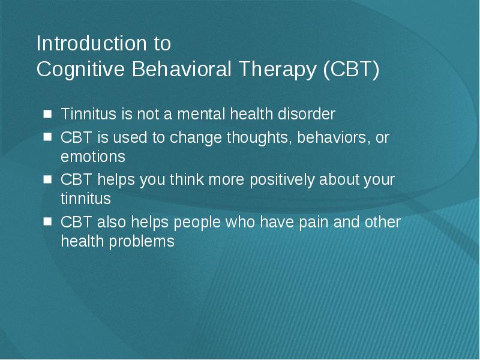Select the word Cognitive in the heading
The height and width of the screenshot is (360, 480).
tap(80, 70)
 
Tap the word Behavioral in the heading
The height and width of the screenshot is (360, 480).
tap(182, 68)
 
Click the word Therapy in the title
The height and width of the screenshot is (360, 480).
tap(277, 70)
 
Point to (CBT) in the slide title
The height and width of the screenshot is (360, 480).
tap(351, 69)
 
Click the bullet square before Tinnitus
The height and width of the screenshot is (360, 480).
tap(48, 114)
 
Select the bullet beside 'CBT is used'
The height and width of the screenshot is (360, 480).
tap(48, 137)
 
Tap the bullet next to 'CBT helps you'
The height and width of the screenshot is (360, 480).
tap(48, 179)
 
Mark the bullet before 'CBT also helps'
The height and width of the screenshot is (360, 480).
tap(48, 221)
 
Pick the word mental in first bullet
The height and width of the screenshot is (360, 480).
tap(202, 114)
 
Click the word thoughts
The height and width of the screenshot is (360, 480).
tap(259, 138)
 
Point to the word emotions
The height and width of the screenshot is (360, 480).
tap(93, 157)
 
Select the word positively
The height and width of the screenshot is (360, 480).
tap(282, 180)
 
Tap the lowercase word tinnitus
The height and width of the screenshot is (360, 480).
tap(86, 199)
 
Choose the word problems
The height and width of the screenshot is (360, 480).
tap(142, 242)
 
